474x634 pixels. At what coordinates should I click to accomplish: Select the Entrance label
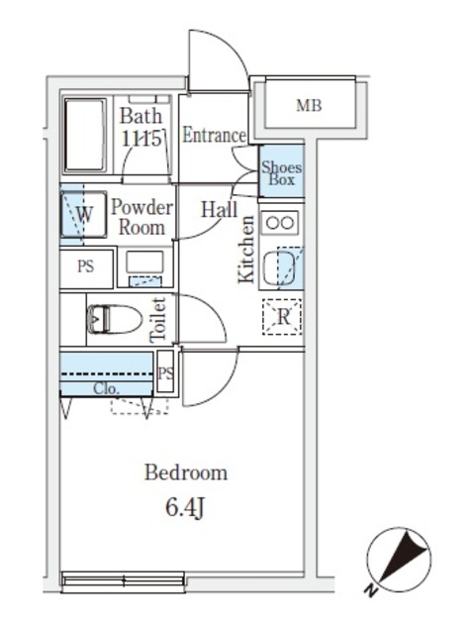(x=213, y=136)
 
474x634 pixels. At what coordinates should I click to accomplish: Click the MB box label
(x=310, y=106)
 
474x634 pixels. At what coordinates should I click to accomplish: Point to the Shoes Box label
(x=281, y=175)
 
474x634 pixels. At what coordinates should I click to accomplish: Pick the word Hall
(x=219, y=209)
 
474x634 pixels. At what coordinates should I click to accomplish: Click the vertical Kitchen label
(x=246, y=250)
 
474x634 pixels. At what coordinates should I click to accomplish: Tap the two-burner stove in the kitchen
(x=279, y=222)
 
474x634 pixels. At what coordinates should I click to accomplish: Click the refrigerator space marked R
(x=282, y=318)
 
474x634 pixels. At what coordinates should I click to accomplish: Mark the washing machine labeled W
(x=84, y=214)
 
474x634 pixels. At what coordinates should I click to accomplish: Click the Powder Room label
(x=142, y=217)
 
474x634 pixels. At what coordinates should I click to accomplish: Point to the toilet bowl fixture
(x=113, y=319)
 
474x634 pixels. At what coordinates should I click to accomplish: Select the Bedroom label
(x=186, y=473)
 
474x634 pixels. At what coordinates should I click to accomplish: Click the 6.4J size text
(x=186, y=509)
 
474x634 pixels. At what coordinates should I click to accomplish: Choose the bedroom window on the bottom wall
(x=123, y=581)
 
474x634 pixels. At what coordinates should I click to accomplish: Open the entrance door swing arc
(x=219, y=59)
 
